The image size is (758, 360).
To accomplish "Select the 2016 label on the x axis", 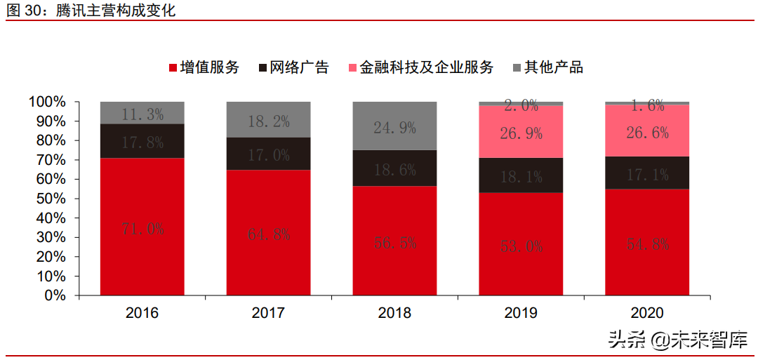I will (142, 313).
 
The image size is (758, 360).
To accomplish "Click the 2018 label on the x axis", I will (394, 313).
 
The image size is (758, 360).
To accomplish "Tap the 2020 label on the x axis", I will (647, 313).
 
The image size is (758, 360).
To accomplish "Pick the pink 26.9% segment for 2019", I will (521, 132).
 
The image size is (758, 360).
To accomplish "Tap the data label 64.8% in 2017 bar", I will (269, 234).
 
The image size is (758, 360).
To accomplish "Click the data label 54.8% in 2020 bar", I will (647, 244).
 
